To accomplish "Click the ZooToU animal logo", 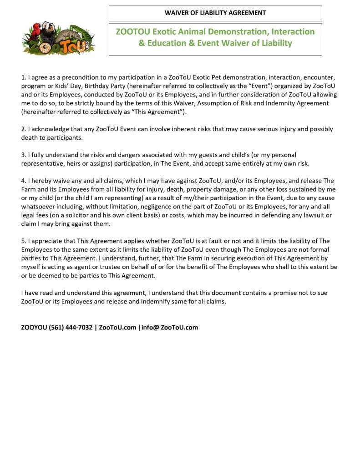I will (58, 38).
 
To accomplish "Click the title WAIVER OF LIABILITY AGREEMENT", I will (215, 13).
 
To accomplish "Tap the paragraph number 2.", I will (23, 129).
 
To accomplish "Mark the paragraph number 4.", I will (23, 181).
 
